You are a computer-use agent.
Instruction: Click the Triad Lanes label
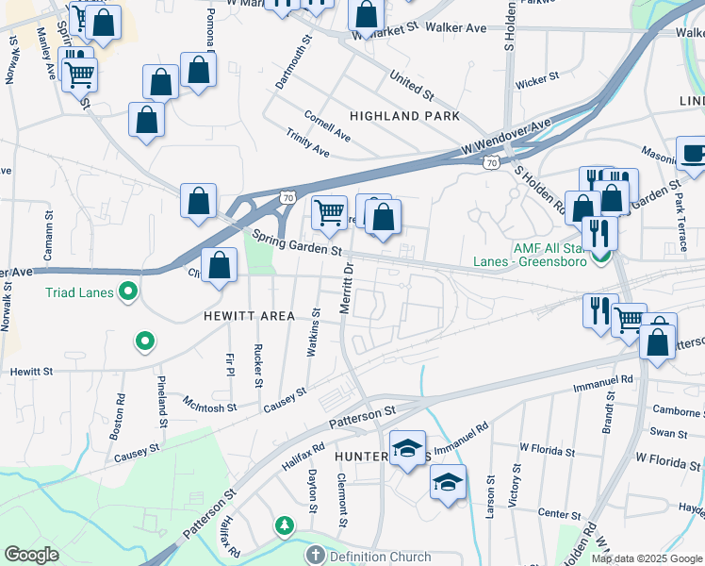tap(79, 292)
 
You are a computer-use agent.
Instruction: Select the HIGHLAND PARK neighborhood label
tap(404, 116)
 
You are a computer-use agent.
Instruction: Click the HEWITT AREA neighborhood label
tap(249, 316)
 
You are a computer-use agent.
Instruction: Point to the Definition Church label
tap(379, 558)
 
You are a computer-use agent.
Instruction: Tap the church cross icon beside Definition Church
tap(316, 556)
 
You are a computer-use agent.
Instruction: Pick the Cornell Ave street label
tap(327, 127)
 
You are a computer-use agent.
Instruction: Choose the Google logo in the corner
tap(30, 555)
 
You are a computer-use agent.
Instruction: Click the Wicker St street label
tap(537, 81)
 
